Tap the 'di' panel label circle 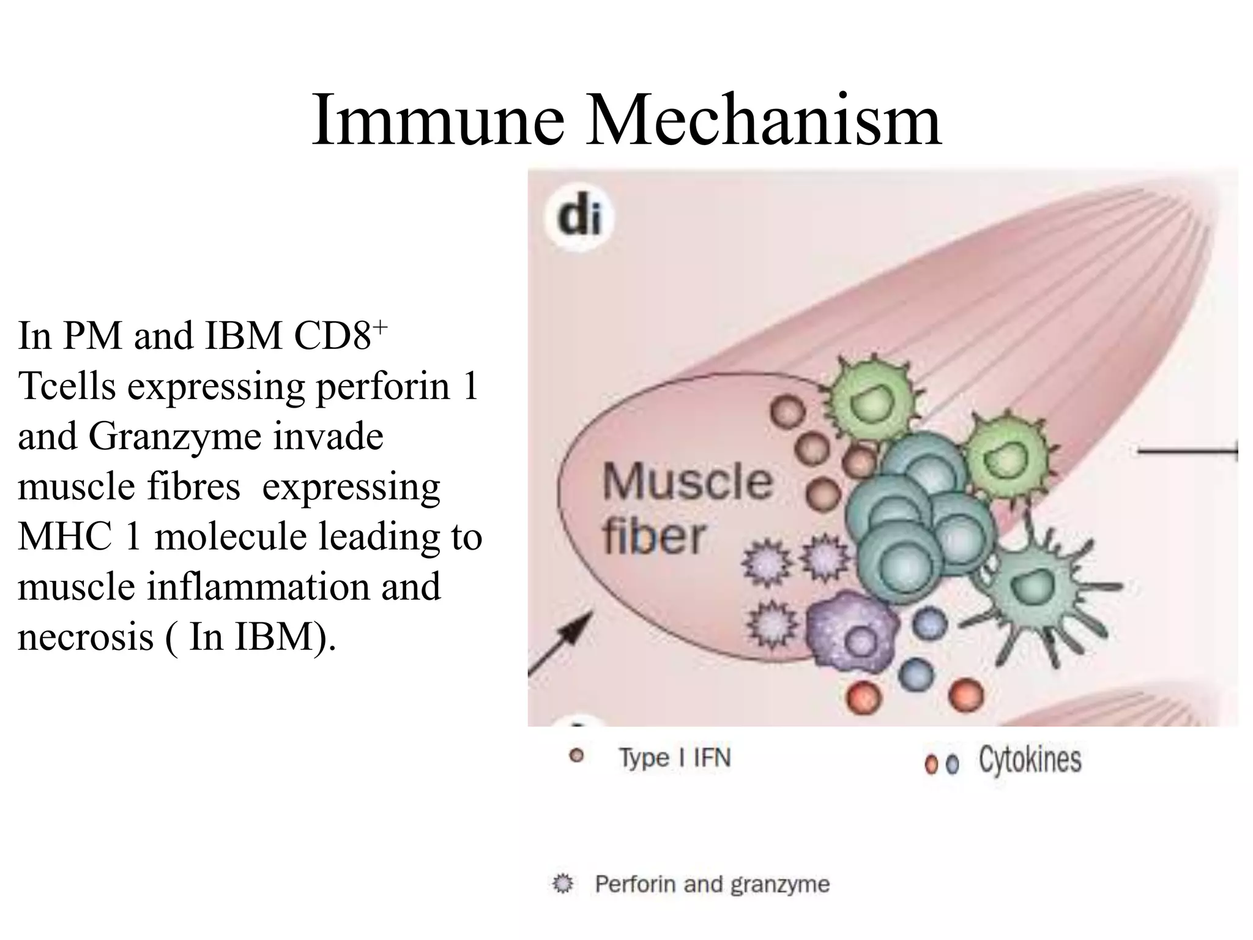579,218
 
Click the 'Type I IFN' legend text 675,758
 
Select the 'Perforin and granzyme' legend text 712,884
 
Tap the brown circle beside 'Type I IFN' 576,756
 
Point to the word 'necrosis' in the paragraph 86,637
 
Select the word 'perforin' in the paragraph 382,386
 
